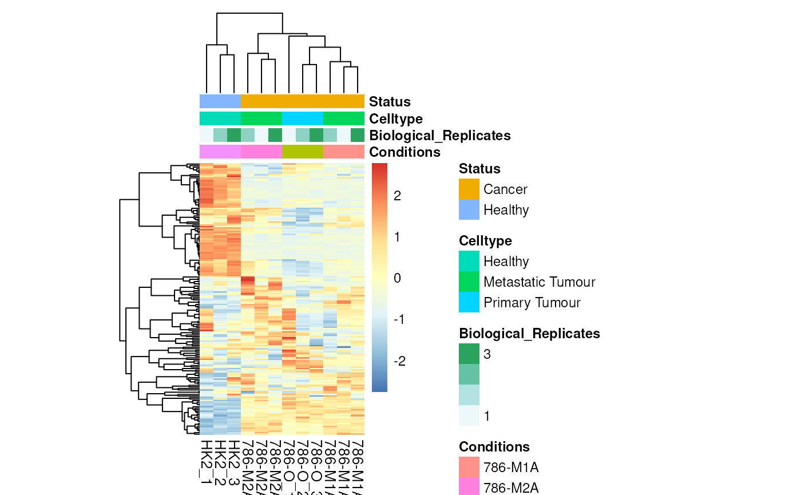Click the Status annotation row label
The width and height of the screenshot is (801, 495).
(390, 102)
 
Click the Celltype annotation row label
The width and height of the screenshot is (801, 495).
(396, 119)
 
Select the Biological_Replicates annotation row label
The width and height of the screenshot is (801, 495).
(439, 136)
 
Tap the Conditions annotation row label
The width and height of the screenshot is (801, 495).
(405, 152)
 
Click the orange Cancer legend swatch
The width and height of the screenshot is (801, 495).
(469, 189)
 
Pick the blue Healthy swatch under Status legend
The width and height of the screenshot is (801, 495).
(469, 209)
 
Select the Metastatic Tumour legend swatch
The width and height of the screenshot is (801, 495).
(469, 282)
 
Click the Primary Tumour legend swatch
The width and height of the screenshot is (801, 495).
(469, 302)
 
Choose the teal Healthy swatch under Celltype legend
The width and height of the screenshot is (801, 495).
(469, 261)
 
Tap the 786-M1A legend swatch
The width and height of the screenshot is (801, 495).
(469, 467)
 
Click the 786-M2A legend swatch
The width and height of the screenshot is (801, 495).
(469, 486)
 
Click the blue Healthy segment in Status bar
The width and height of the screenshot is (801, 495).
(220, 101)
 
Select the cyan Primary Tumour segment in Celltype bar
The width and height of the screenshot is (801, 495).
(303, 118)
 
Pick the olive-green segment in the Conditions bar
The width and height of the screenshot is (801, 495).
(303, 152)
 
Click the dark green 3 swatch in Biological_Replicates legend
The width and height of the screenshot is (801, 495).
(469, 354)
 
